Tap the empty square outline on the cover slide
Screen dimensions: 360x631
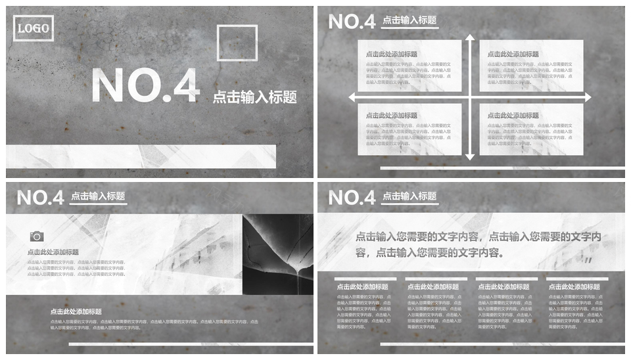[x=237, y=43]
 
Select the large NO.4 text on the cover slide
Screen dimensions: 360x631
[x=145, y=86]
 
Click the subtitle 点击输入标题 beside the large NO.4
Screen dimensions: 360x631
[x=254, y=98]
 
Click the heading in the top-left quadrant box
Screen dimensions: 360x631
[x=392, y=55]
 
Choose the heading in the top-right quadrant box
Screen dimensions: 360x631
[x=513, y=55]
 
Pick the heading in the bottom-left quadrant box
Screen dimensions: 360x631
[x=392, y=116]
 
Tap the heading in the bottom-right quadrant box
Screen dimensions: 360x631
[x=513, y=116]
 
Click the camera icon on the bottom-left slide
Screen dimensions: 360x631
[x=37, y=236]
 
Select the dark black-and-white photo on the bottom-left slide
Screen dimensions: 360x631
[x=277, y=254]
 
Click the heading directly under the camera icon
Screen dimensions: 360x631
[x=53, y=252]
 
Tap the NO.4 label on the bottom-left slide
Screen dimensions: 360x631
[x=40, y=197]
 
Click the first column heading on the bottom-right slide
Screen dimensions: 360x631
[x=362, y=287]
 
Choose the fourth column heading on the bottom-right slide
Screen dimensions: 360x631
[x=574, y=287]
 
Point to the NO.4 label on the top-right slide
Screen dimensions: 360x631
[x=352, y=22]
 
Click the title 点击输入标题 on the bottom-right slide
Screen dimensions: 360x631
[x=409, y=196]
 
